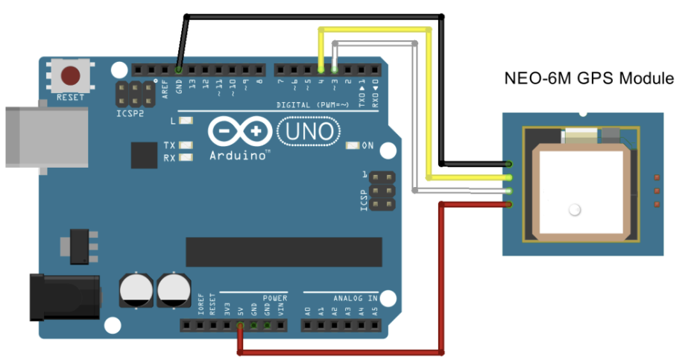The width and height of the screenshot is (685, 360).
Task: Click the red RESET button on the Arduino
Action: pyautogui.click(x=71, y=76)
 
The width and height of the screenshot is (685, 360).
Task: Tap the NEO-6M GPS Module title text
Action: pyautogui.click(x=590, y=78)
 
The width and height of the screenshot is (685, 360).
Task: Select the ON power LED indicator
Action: pyautogui.click(x=353, y=145)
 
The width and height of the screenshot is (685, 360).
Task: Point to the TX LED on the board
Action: pyautogui.click(x=186, y=145)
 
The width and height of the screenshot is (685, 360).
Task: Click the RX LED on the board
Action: pyautogui.click(x=186, y=157)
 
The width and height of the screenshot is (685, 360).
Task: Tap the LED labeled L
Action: pyautogui.click(x=186, y=121)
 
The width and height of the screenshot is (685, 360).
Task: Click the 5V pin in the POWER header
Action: pyautogui.click(x=240, y=325)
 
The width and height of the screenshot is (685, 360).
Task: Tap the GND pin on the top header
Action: pyautogui.click(x=178, y=70)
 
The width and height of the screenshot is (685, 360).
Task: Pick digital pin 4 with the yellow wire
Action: pyautogui.click(x=321, y=70)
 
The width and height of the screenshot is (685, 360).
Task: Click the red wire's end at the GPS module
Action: pyautogui.click(x=508, y=203)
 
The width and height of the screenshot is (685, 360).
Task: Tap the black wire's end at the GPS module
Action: pyautogui.click(x=508, y=163)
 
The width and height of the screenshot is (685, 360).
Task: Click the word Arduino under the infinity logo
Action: pyautogui.click(x=239, y=156)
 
